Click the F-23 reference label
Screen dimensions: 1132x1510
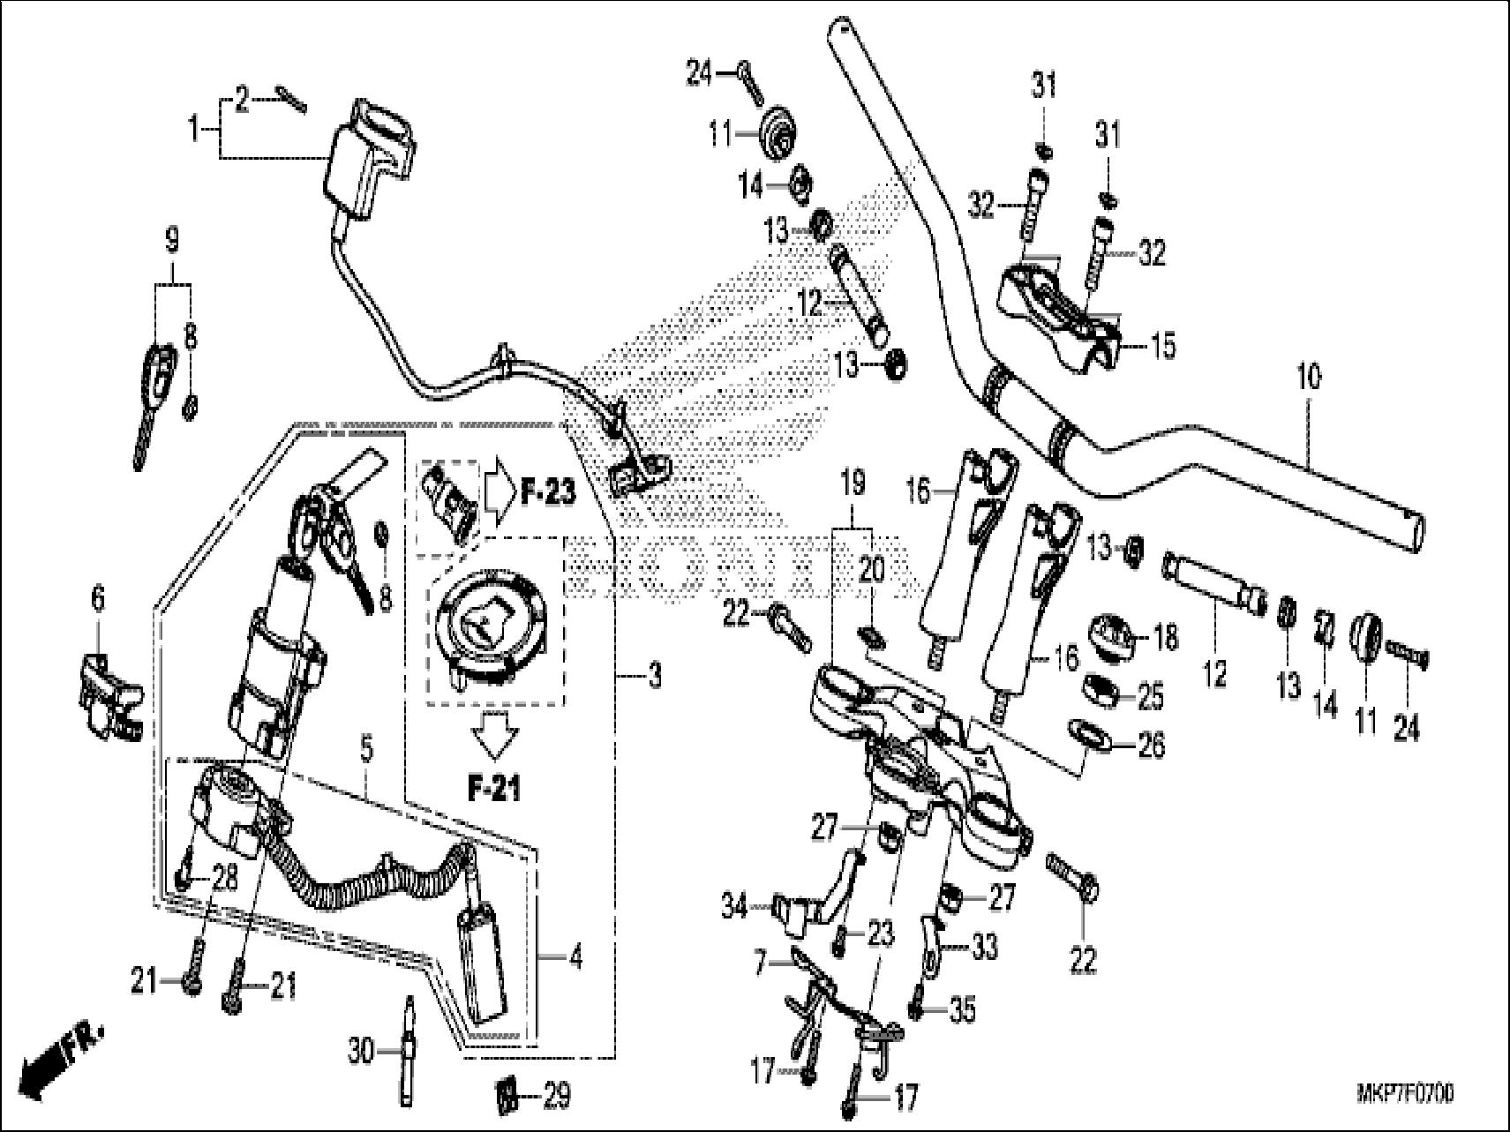[x=547, y=492]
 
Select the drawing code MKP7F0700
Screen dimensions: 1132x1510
[x=1404, y=1095]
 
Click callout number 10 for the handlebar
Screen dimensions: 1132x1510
[x=1309, y=379]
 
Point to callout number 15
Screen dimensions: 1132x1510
[x=1163, y=346]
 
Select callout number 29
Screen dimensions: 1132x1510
[x=557, y=1097]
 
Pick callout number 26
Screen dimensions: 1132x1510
[x=1151, y=746]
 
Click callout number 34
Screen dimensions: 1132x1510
[x=733, y=906]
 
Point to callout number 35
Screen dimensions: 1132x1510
[x=963, y=1010]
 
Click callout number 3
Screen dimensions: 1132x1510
[x=654, y=677]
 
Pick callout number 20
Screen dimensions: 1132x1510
[x=871, y=573]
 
